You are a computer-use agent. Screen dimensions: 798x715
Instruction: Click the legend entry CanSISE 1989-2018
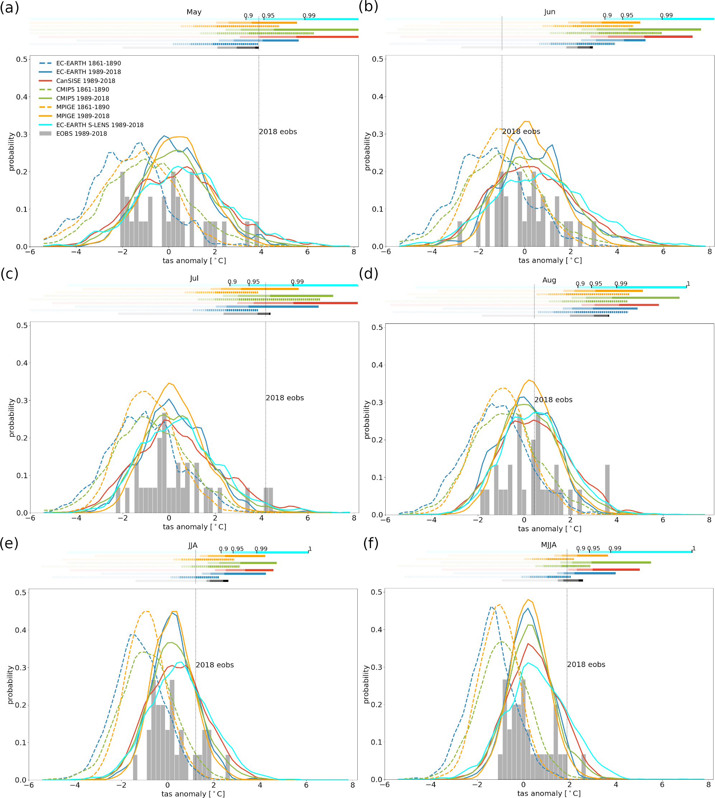[x=86, y=80]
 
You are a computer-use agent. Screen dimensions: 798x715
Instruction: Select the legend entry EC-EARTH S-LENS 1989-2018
[x=100, y=125]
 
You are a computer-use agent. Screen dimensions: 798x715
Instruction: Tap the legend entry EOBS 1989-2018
[x=81, y=133]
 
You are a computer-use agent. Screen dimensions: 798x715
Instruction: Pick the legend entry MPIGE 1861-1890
[x=83, y=107]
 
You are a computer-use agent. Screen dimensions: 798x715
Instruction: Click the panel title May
[x=194, y=12]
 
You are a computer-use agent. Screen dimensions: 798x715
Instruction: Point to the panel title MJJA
[x=549, y=545]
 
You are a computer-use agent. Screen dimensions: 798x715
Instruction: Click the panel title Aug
[x=549, y=280]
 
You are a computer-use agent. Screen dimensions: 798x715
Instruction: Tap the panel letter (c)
[x=9, y=274]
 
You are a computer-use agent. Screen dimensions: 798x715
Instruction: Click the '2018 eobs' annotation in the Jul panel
[x=284, y=397]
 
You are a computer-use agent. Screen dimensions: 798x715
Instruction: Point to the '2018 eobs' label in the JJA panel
[x=215, y=664]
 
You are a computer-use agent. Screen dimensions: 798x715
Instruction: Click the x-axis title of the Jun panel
[x=550, y=260]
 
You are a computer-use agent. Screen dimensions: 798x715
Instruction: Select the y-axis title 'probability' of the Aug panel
[x=367, y=419]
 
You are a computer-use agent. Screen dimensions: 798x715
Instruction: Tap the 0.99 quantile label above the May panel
[x=309, y=15]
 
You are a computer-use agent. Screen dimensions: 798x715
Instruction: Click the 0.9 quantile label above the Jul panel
[x=232, y=281]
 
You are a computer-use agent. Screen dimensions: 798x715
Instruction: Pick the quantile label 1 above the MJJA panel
[x=694, y=548]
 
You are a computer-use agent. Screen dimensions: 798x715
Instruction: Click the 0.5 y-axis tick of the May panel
[x=22, y=59]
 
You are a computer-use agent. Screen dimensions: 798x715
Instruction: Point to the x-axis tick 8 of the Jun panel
[x=710, y=252]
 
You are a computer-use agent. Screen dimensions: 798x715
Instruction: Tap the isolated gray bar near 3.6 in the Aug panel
[x=607, y=489]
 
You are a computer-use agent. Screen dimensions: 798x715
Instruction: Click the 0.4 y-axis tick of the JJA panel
[x=20, y=630]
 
